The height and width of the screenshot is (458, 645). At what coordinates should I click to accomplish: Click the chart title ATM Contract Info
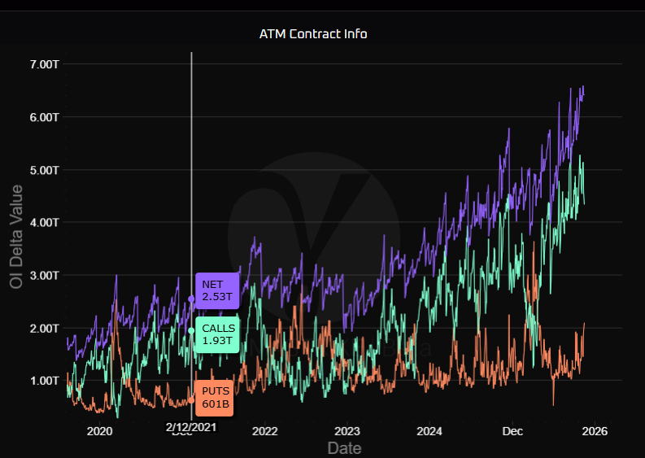(x=313, y=34)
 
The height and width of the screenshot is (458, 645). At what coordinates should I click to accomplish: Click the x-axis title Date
(x=344, y=447)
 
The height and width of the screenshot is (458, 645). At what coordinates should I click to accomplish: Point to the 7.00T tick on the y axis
(x=39, y=64)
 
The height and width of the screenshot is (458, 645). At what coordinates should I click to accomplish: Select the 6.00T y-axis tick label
(x=39, y=117)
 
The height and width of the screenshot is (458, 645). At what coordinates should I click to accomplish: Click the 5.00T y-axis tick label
(x=39, y=170)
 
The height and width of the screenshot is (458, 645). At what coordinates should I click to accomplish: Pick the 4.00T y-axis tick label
(x=39, y=222)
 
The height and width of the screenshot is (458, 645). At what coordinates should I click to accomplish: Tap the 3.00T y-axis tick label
(x=39, y=275)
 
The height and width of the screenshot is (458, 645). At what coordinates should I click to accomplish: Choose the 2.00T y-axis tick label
(x=39, y=328)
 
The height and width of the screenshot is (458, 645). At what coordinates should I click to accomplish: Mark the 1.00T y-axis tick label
(x=39, y=381)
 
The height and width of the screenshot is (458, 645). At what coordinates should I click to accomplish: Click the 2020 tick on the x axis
(x=99, y=430)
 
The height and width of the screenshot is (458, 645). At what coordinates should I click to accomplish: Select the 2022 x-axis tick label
(x=265, y=430)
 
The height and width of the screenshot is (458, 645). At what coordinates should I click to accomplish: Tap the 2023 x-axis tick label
(x=347, y=430)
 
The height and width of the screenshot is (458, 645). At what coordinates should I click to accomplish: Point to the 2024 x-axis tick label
(x=429, y=430)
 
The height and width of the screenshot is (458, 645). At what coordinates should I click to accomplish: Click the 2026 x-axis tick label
(x=595, y=430)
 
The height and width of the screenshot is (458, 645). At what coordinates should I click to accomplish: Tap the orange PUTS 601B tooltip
(x=214, y=398)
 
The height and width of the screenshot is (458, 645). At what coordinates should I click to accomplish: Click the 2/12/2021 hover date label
(x=191, y=427)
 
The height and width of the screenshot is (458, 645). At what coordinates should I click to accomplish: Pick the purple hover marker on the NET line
(x=191, y=299)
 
